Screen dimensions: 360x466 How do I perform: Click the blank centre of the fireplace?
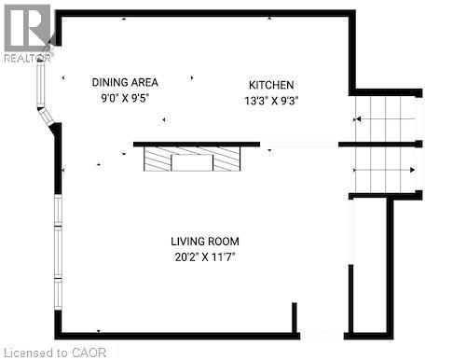[x=193, y=162]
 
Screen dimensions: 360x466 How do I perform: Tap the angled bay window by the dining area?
[x=42, y=94]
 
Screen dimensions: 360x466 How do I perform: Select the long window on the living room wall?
[x=58, y=252]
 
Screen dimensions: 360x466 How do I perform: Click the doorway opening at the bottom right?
[x=322, y=334]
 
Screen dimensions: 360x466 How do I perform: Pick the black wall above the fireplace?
[x=196, y=145]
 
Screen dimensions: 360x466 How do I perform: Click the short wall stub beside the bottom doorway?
[x=295, y=319]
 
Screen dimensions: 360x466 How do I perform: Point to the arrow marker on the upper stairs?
[x=357, y=119]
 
